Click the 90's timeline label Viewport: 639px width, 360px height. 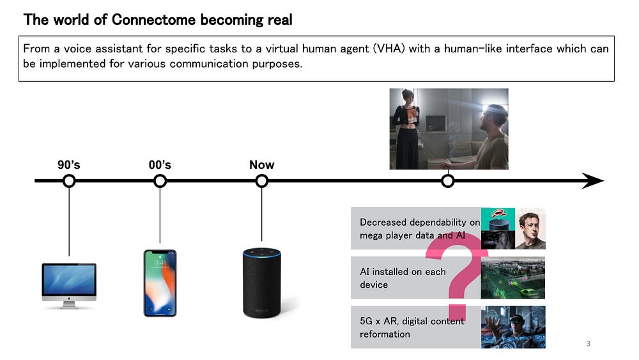[69, 165]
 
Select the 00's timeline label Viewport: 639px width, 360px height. [160, 165]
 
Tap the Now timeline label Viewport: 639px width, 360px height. [261, 165]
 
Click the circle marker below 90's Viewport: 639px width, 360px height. [69, 180]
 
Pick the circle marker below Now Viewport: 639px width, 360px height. [261, 180]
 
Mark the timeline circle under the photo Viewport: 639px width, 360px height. [448, 180]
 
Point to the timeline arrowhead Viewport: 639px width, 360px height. [593, 180]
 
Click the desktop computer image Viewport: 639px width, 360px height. [69, 286]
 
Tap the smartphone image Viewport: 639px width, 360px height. [160, 283]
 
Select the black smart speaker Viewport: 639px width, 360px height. [261, 283]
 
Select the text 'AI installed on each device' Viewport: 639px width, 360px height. [403, 278]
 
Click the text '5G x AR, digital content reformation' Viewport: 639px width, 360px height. [412, 327]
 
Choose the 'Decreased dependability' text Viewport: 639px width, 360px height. [420, 229]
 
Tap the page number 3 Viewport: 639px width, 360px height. [588, 343]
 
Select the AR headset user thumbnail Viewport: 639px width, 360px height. [513, 327]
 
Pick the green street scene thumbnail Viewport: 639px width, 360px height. [513, 278]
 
